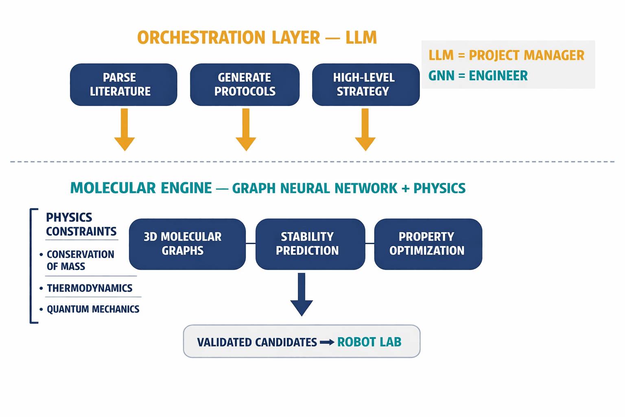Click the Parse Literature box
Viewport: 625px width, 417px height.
(x=123, y=85)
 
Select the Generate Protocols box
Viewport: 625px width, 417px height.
(x=245, y=85)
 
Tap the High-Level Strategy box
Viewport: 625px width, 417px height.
(x=365, y=85)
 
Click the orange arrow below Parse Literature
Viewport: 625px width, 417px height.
(x=125, y=129)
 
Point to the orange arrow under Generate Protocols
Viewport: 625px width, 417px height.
(x=246, y=129)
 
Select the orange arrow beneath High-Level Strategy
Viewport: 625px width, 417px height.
(x=365, y=129)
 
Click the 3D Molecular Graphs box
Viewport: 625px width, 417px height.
(x=187, y=244)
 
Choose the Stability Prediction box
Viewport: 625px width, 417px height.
(x=310, y=244)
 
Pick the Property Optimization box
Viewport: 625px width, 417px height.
(x=428, y=244)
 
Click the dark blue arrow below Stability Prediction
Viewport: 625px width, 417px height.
(x=302, y=294)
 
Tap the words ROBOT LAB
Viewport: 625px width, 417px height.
(x=369, y=342)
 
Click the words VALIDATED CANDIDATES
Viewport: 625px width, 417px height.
(x=257, y=342)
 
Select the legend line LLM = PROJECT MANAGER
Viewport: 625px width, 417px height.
(x=506, y=55)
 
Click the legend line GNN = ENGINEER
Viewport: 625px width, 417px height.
(x=478, y=76)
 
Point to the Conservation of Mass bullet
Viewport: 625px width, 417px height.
(x=79, y=260)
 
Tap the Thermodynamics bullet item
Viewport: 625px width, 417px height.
(x=89, y=288)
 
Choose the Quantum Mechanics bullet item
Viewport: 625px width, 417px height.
(x=92, y=309)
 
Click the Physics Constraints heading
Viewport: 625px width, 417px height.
(x=81, y=224)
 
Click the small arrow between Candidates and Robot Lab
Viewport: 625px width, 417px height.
(x=327, y=342)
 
